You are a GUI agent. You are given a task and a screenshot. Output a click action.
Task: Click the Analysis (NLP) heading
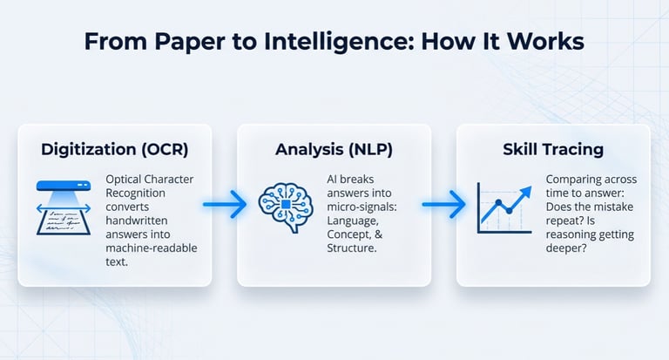pyautogui.click(x=334, y=149)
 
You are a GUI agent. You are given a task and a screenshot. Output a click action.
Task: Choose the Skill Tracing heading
pyautogui.click(x=553, y=149)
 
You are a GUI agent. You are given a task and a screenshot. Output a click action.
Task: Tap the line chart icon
pyautogui.click(x=504, y=207)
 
